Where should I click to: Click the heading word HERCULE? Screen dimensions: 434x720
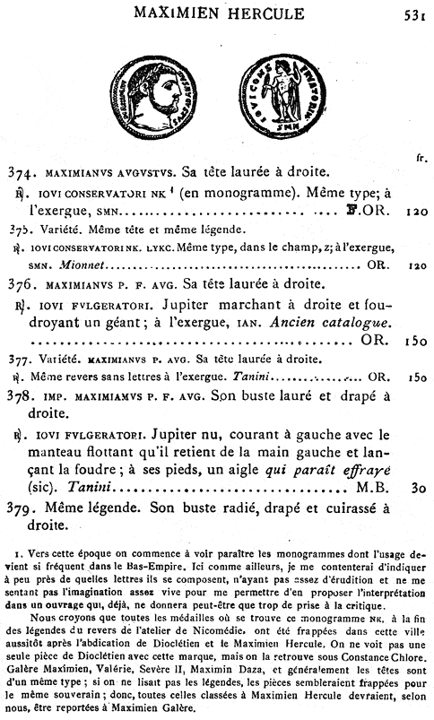click(275, 12)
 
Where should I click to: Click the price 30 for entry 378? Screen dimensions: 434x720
click(417, 490)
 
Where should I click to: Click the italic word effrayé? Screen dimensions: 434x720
click(380, 470)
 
